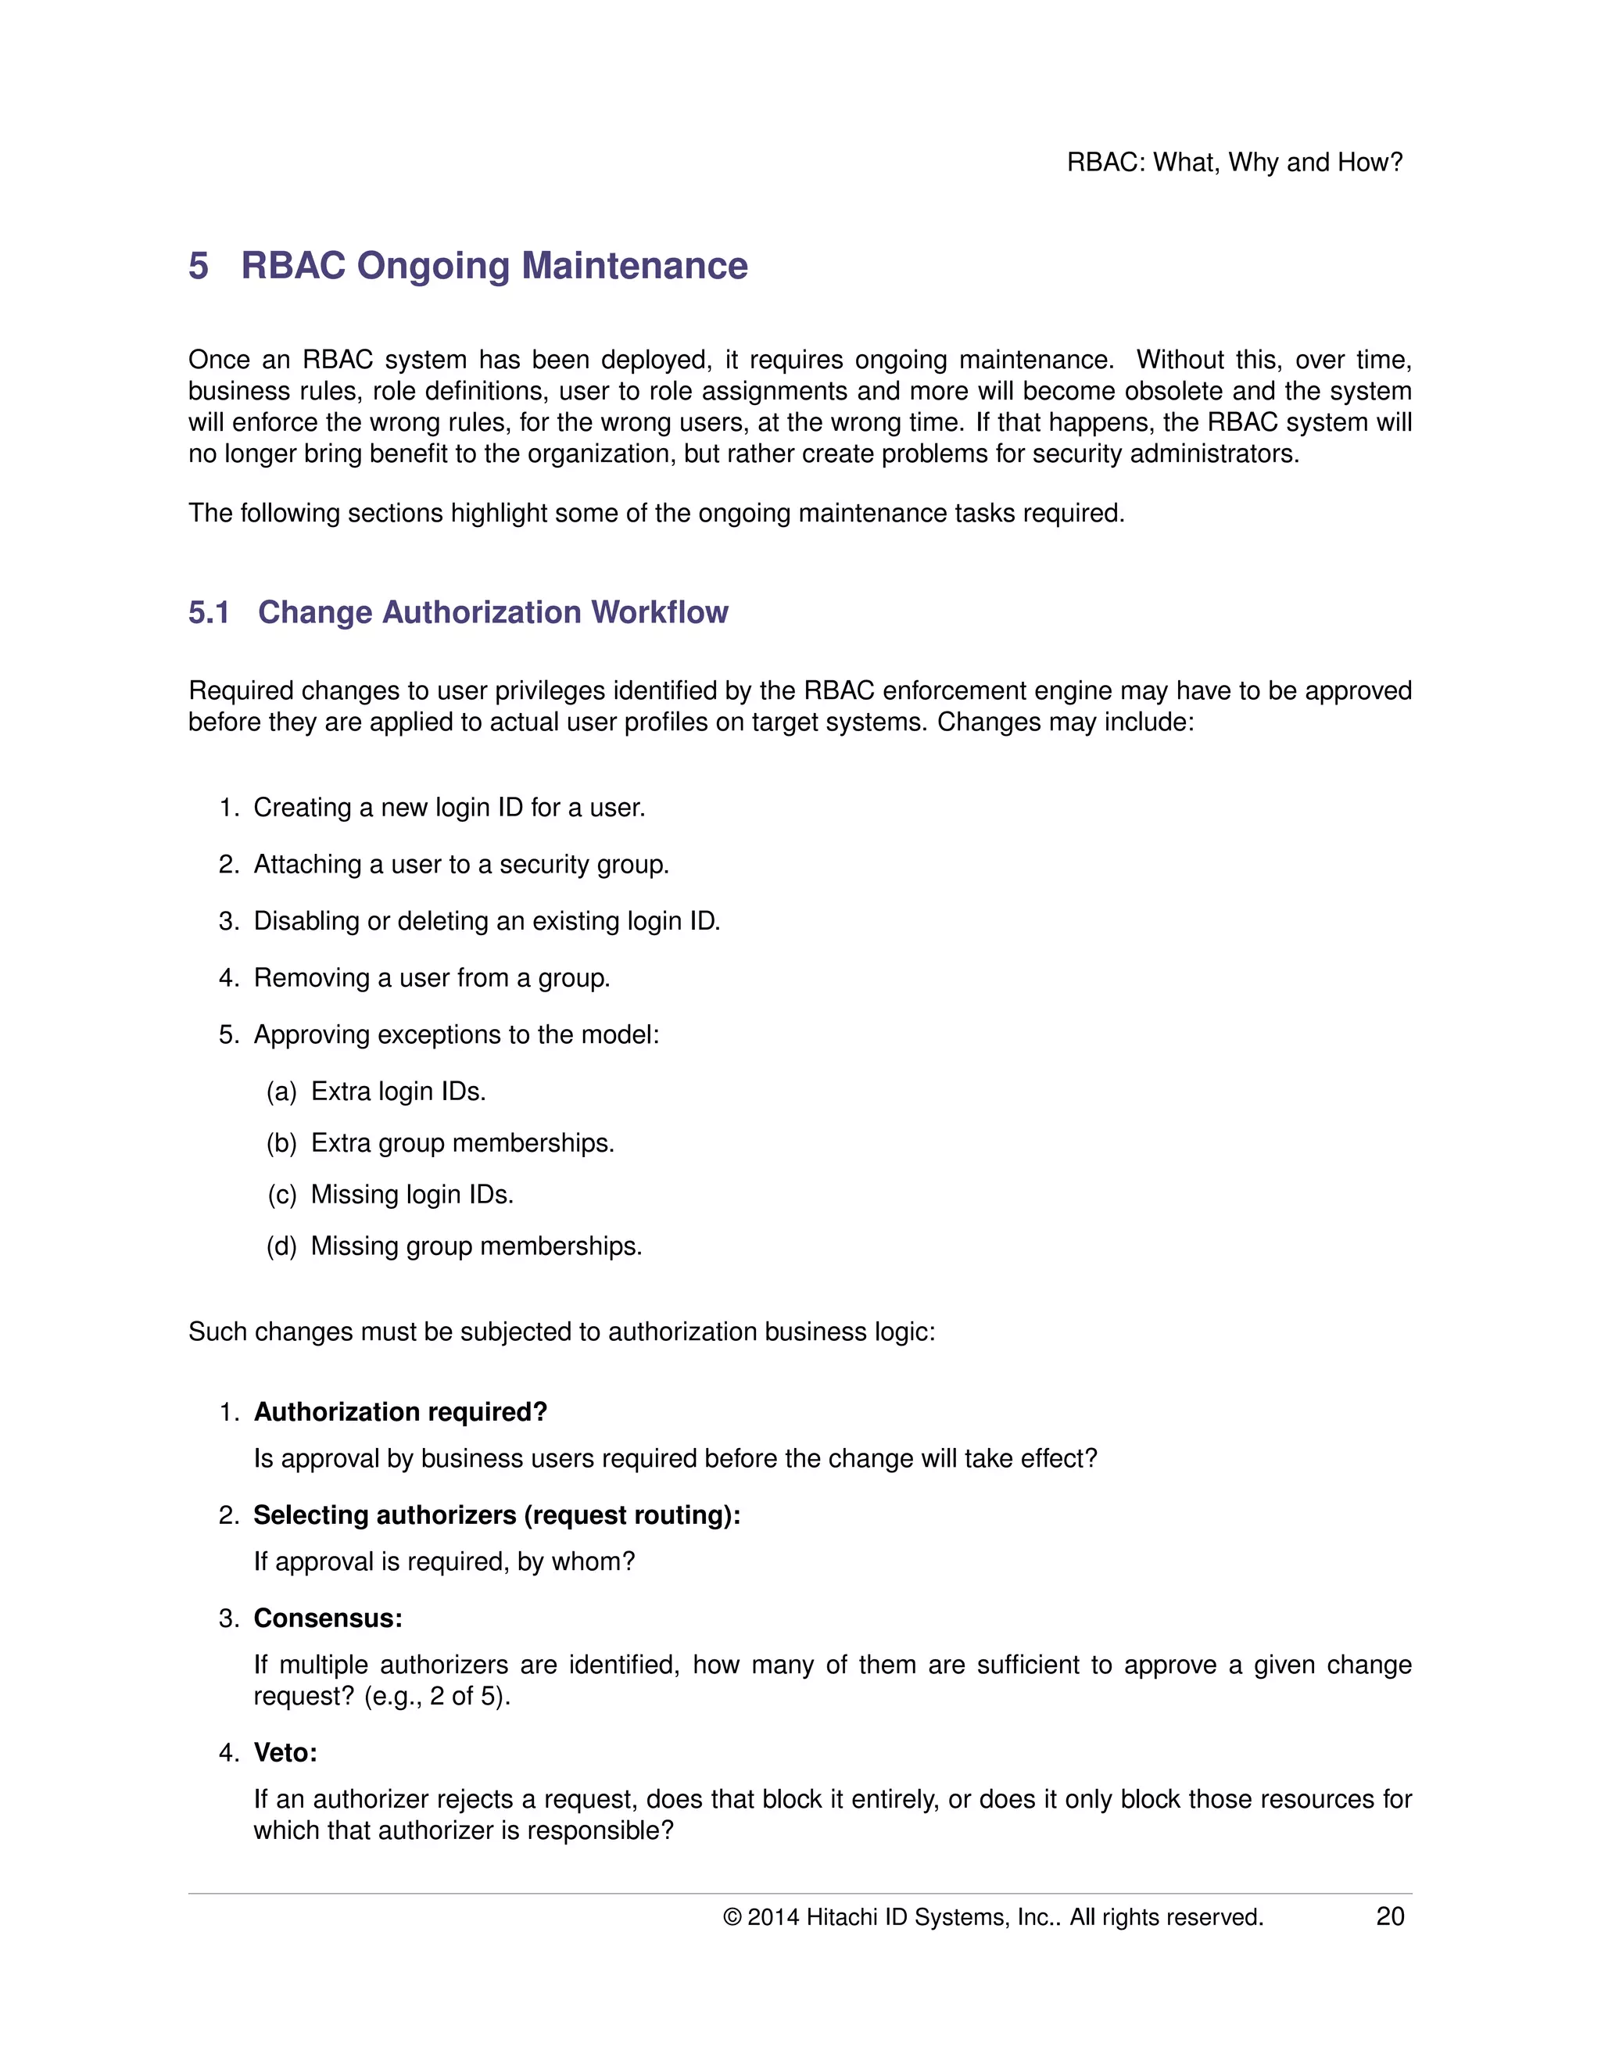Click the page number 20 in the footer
[1388, 1916]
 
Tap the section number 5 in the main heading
[199, 266]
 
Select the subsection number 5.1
[209, 612]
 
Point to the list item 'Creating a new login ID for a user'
[449, 808]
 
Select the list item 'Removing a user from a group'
[432, 978]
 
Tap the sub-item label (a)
[281, 1092]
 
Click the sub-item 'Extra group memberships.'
[462, 1143]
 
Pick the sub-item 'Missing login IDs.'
[412, 1195]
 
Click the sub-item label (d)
[281, 1246]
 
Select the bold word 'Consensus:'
[328, 1618]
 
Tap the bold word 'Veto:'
[285, 1752]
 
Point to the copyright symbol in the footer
[731, 1917]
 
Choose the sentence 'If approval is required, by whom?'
[444, 1561]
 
